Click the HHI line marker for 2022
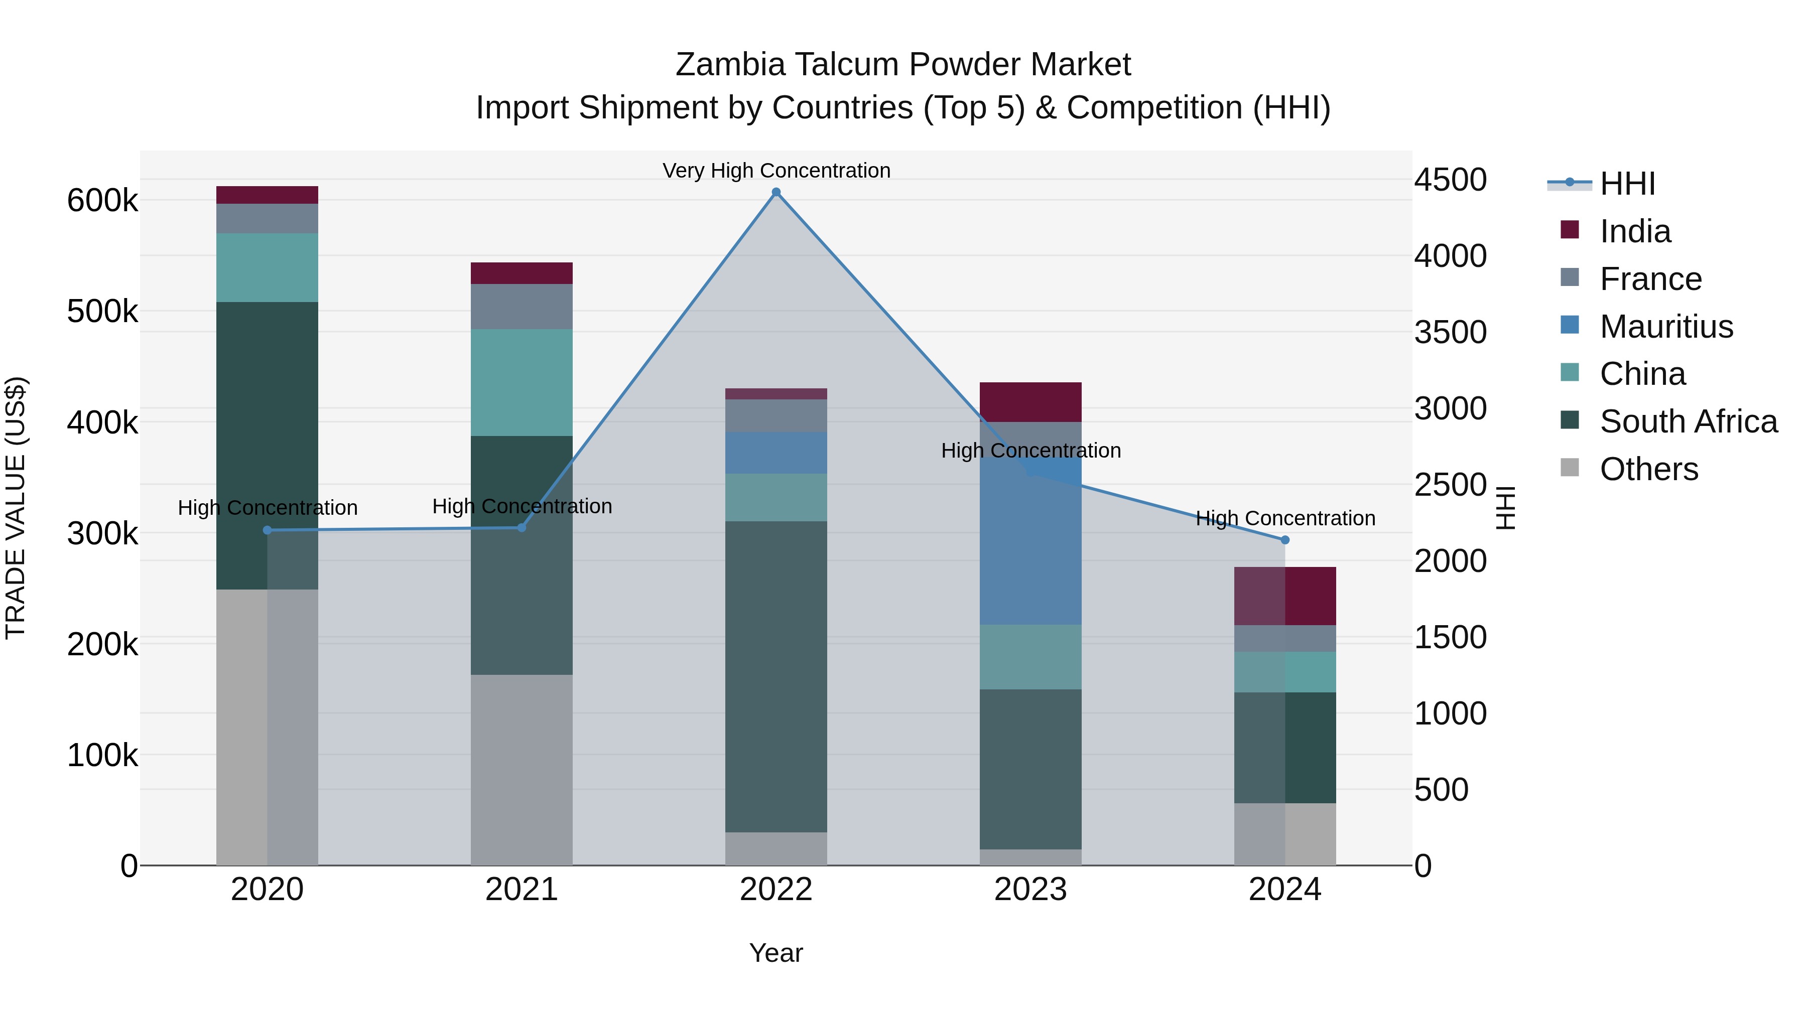coord(776,192)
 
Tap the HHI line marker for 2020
coord(267,530)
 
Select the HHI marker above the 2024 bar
coord(1285,540)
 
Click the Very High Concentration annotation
coord(776,171)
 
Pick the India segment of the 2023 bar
coord(1030,402)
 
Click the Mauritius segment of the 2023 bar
coord(1030,547)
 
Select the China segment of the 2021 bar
coord(521,382)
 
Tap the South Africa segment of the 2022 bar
coord(776,677)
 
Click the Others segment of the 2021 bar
coord(521,769)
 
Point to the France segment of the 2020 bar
coord(267,218)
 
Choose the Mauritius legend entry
coord(1666,326)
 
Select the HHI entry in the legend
coord(1627,184)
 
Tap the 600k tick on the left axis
coord(102,201)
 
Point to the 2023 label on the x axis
coord(1030,890)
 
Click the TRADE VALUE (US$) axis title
coord(16,508)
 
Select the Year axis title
coord(776,953)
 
